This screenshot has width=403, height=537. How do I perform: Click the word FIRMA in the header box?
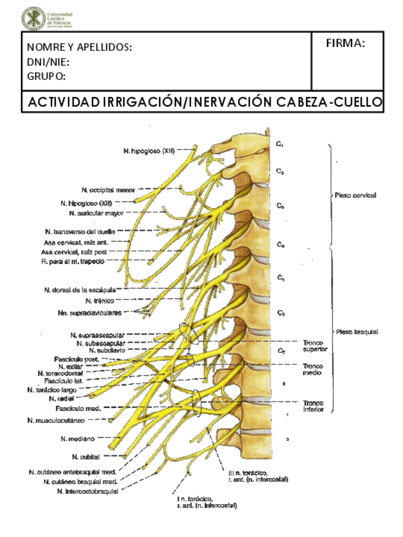click(x=345, y=43)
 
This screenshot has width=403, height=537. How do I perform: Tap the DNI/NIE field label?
click(x=48, y=62)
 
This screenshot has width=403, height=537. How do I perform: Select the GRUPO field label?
click(x=46, y=77)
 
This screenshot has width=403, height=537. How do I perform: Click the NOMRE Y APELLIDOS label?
click(x=79, y=47)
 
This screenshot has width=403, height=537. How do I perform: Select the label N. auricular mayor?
click(x=101, y=213)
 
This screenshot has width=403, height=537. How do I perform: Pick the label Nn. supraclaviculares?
click(x=89, y=313)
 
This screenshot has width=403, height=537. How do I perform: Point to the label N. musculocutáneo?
click(x=61, y=420)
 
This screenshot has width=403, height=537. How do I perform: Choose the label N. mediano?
click(x=78, y=438)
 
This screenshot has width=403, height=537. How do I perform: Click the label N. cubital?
click(x=83, y=456)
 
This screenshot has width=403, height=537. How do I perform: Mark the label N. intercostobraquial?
click(x=82, y=491)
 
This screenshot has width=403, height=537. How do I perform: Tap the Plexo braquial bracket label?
click(x=357, y=331)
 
